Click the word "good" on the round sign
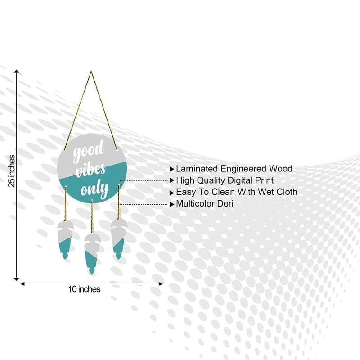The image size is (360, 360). click(x=88, y=151)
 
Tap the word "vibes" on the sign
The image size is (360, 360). click(x=90, y=170)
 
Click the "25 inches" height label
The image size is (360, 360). click(x=12, y=171)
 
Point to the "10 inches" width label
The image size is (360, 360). click(x=84, y=289)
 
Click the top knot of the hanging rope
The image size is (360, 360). click(x=91, y=72)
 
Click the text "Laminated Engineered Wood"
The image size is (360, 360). click(x=234, y=169)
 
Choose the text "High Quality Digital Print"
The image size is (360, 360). click(x=225, y=180)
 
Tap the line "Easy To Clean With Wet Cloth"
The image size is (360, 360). click(x=237, y=192)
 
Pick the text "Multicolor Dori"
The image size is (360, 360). click(x=205, y=204)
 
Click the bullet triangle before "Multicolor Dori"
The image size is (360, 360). click(x=172, y=204)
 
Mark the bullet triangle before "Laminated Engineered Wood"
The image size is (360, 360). click(x=172, y=169)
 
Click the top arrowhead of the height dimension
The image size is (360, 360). click(x=17, y=72)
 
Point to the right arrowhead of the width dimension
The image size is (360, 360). click(x=161, y=284)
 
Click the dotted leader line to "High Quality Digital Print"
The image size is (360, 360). click(x=144, y=180)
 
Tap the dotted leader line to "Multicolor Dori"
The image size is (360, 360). click(x=144, y=204)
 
